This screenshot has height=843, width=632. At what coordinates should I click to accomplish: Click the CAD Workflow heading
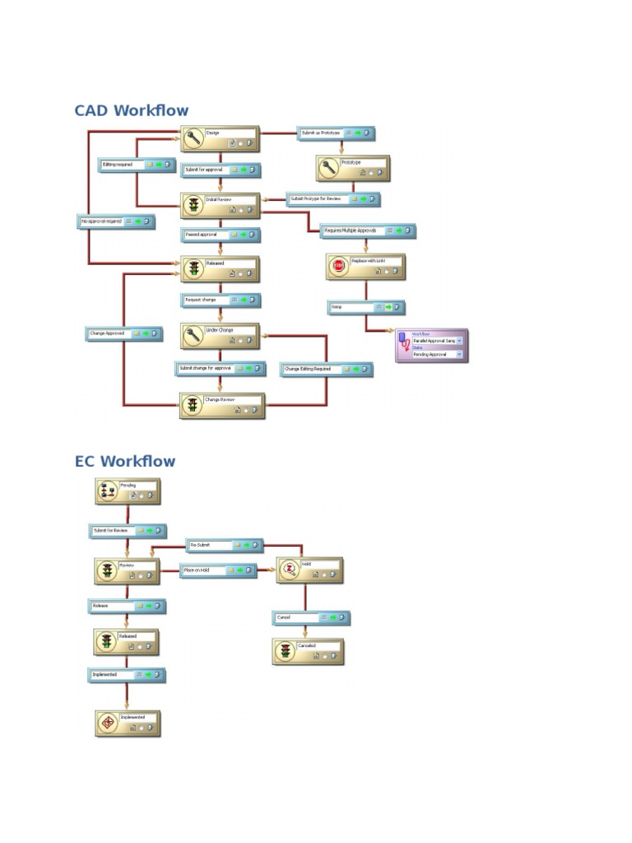pos(131,110)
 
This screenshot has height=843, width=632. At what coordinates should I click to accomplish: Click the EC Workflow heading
pos(125,461)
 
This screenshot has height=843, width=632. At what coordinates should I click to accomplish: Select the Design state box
pos(220,139)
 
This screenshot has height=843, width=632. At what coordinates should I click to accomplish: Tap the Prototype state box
pos(352,168)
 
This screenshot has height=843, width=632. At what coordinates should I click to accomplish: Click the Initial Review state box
pos(220,205)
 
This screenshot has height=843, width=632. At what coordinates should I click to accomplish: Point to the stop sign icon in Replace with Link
pos(338,266)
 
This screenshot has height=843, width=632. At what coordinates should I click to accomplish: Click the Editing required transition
pos(136,165)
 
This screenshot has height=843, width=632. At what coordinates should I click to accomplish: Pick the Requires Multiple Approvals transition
pos(368,231)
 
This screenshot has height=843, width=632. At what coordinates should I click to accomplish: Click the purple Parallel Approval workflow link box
pos(431,346)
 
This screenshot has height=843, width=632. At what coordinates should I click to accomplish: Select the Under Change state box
pos(220,335)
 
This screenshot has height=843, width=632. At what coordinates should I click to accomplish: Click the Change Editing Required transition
pos(325,370)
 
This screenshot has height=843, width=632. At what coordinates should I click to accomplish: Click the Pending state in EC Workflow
pos(127,491)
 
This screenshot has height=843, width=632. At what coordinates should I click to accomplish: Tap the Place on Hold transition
pos(217,570)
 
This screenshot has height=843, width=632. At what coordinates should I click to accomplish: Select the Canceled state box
pos(307,652)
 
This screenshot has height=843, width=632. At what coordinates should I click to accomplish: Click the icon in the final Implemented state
pos(107,723)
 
